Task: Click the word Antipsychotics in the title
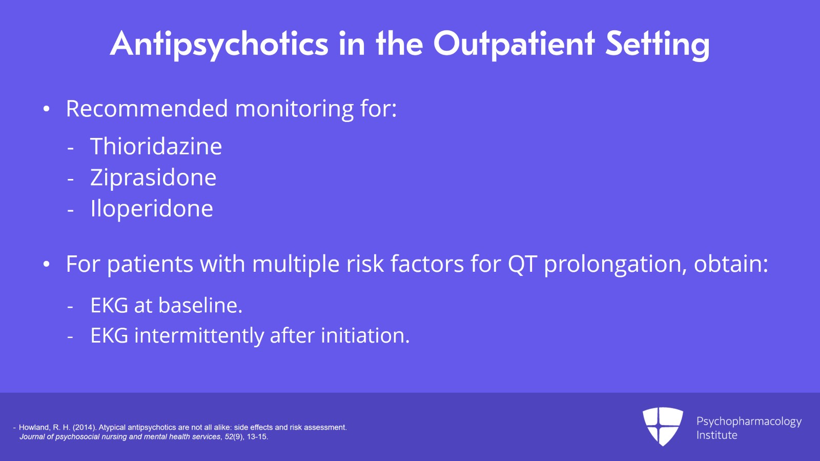(x=219, y=44)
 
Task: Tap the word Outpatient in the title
(x=514, y=44)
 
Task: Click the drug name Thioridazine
(x=156, y=147)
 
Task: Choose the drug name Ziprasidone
(x=153, y=178)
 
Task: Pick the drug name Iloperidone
(x=151, y=209)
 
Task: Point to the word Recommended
(x=147, y=109)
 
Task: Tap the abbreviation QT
(x=522, y=265)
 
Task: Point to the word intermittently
(x=199, y=336)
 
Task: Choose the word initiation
(x=365, y=336)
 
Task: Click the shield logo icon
(x=663, y=426)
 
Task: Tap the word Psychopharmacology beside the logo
(x=749, y=422)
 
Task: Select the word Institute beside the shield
(x=716, y=435)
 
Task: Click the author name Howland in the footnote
(x=34, y=427)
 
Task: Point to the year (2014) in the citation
(x=84, y=427)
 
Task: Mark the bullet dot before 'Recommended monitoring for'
(x=47, y=109)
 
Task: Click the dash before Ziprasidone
(x=71, y=179)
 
